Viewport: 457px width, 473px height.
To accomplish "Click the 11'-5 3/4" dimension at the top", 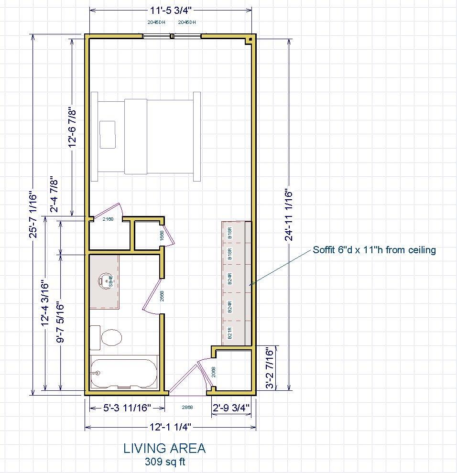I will click(x=171, y=10).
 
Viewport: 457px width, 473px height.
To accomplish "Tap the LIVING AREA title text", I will click(x=164, y=449).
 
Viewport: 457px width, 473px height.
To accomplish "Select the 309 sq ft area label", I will click(x=165, y=462).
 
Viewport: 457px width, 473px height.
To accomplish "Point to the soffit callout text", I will click(x=374, y=250).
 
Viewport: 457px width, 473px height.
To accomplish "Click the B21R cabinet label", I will click(x=229, y=333).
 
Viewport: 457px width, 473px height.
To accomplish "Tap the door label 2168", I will click(x=108, y=219).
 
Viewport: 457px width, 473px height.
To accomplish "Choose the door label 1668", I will click(x=162, y=236).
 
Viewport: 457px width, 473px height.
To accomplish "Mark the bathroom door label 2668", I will click(x=162, y=296).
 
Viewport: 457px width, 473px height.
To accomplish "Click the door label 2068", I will click(x=214, y=372).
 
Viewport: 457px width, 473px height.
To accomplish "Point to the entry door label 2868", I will click(x=187, y=408).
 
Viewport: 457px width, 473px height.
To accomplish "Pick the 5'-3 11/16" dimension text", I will click(x=127, y=408).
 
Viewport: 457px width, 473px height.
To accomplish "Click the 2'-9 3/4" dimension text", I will click(x=231, y=408).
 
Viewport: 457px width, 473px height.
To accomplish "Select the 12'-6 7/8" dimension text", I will click(x=73, y=127).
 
